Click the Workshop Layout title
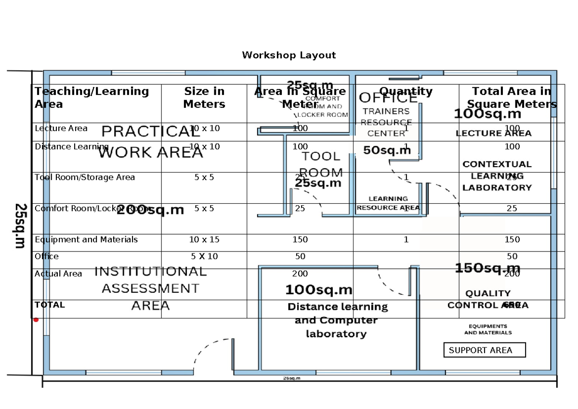289,55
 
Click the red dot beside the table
36,319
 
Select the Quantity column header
406,91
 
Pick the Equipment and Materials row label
86,239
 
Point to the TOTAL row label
50,305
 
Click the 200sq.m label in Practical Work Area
150,210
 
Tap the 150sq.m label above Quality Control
487,268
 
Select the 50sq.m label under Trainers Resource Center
387,150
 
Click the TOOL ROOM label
321,164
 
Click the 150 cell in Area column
300,239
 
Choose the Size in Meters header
204,97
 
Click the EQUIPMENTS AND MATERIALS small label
487,330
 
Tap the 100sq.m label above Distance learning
319,290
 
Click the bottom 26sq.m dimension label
291,378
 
